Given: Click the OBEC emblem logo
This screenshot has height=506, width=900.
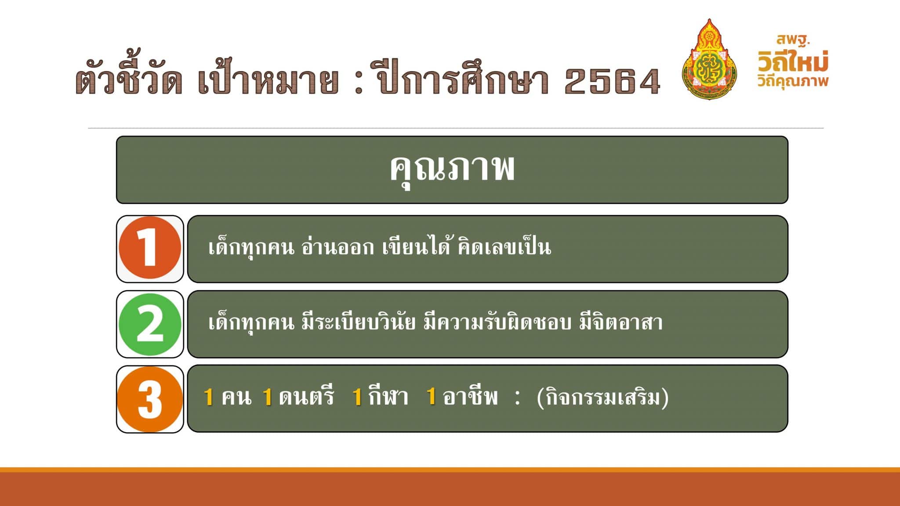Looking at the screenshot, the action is coord(709,59).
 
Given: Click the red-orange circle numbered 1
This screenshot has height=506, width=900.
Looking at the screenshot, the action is coord(150,248).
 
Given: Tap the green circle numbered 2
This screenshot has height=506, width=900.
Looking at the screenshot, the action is coord(150,324).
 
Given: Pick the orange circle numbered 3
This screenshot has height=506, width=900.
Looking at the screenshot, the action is coord(150,399).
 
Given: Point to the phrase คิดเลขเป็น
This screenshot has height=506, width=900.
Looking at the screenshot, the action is coord(504,247).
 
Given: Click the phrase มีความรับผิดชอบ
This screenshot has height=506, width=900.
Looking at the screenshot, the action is coord(497,322).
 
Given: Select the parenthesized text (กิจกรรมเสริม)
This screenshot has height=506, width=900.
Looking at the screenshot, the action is coord(602,398).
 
